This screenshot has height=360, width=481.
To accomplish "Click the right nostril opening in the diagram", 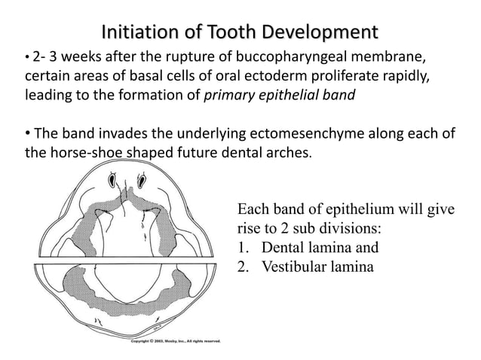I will [142, 181].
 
